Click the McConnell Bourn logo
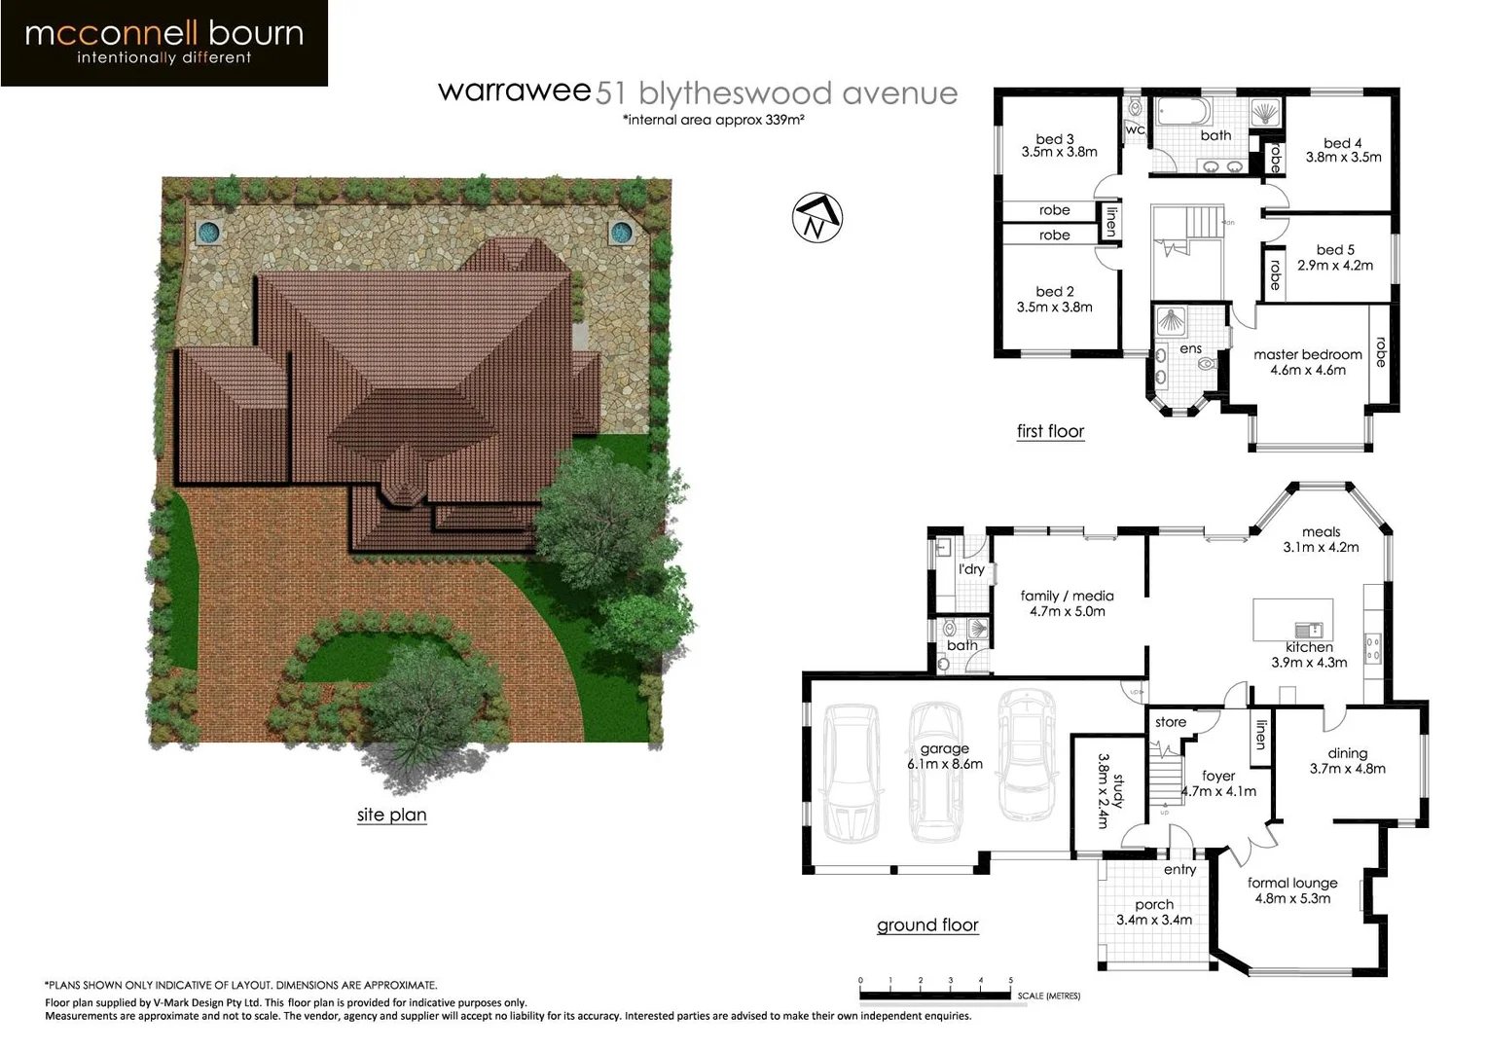click(163, 43)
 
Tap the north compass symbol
click(817, 218)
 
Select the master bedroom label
click(1307, 355)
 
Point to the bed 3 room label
click(1055, 139)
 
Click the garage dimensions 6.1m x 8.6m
click(944, 764)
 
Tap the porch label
click(1153, 904)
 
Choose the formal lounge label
click(1292, 883)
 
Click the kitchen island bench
click(1292, 619)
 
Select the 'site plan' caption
click(391, 815)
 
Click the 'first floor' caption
click(1050, 431)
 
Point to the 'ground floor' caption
click(927, 925)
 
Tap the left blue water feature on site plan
click(207, 232)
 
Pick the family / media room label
click(1067, 596)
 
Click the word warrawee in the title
click(514, 91)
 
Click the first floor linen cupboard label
click(1110, 222)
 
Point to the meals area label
click(1321, 531)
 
